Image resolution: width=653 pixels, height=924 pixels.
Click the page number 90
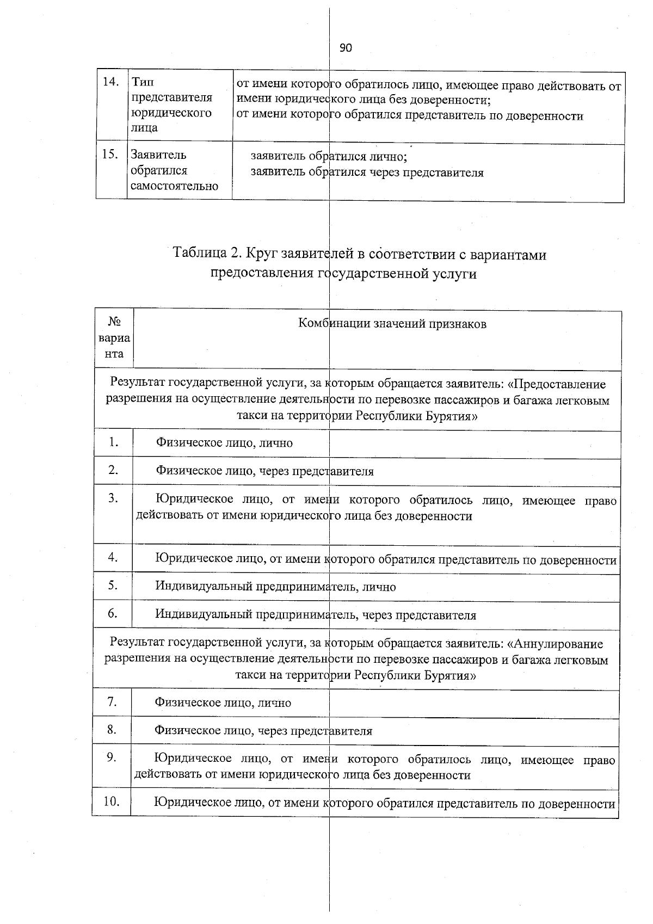(x=346, y=48)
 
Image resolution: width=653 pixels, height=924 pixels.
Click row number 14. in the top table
(x=110, y=82)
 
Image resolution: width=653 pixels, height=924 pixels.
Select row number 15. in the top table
(x=110, y=154)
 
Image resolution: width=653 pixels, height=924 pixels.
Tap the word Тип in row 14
(x=143, y=82)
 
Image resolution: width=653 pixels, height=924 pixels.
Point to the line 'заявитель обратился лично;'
(x=328, y=157)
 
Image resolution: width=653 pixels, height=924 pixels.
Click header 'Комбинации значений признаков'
(x=392, y=324)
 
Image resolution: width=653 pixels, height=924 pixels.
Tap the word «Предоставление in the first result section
(x=556, y=385)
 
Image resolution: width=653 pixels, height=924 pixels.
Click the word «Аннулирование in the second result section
(x=555, y=644)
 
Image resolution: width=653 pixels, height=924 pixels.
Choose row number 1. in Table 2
(x=113, y=442)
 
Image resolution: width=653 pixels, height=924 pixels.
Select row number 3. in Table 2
(x=113, y=498)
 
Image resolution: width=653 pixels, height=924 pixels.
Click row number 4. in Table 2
(x=113, y=557)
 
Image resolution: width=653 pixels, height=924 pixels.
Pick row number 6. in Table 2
(x=113, y=613)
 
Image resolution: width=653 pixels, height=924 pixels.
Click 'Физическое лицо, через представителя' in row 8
(x=263, y=730)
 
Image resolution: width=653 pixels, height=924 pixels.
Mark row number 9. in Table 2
(x=112, y=757)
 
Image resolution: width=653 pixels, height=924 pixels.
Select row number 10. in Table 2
(x=112, y=802)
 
